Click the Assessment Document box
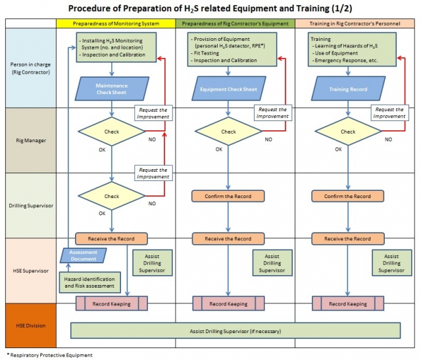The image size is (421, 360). click(84, 256)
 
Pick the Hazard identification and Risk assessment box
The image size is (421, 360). click(91, 283)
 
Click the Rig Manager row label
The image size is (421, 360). click(30, 141)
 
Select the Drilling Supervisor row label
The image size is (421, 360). click(30, 205)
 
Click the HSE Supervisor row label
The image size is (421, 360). click(30, 270)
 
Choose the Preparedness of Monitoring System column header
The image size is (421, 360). click(116, 24)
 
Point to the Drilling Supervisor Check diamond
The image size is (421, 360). click(112, 196)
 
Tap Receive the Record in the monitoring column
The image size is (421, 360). click(111, 239)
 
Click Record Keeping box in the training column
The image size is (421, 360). click(348, 303)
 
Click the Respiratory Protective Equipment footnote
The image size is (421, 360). click(49, 355)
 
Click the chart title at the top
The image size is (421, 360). click(210, 9)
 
